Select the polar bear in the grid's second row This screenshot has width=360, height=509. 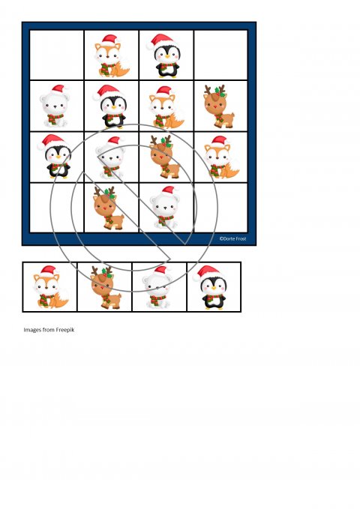(x=55, y=106)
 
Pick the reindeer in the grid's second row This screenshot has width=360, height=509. (x=219, y=106)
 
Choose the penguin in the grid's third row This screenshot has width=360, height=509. (x=56, y=156)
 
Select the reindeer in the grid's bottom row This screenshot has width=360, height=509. (x=109, y=208)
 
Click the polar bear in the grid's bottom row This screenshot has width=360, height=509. (x=165, y=208)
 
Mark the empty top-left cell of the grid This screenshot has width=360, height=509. (x=57, y=55)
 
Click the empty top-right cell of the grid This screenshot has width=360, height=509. (x=221, y=55)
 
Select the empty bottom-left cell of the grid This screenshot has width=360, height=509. (x=57, y=208)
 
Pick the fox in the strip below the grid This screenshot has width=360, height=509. (x=51, y=287)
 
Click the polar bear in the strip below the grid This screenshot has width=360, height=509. (x=157, y=287)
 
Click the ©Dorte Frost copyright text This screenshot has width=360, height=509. (x=232, y=238)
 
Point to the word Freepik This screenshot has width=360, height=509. (x=65, y=330)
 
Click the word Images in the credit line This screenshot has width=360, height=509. (x=32, y=330)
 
